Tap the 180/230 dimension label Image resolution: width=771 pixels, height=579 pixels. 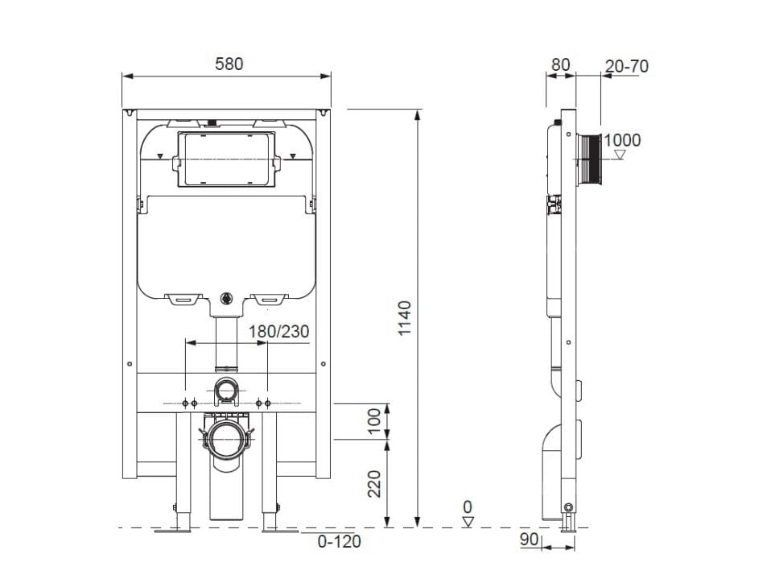click(x=278, y=331)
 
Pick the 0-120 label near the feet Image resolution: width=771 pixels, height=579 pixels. click(x=337, y=542)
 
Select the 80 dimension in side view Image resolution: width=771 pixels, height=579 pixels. click(x=561, y=64)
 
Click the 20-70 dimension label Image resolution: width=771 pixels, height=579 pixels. click(x=626, y=66)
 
